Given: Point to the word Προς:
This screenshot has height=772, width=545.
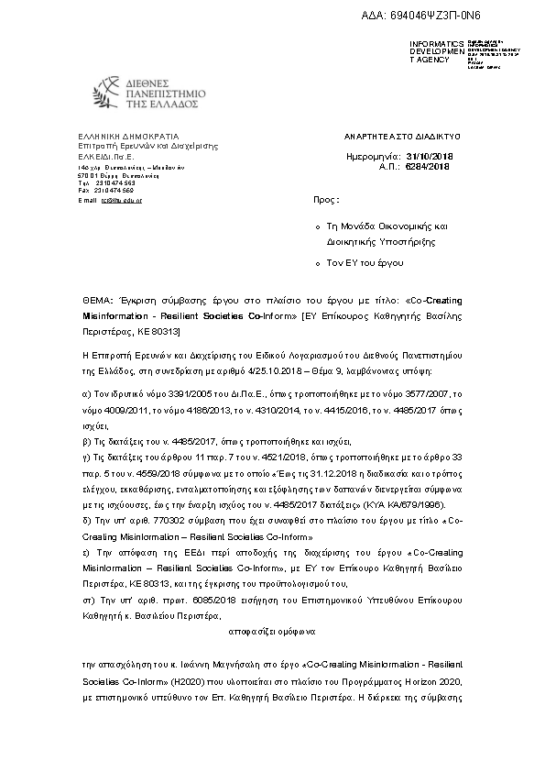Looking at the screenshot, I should pyautogui.click(x=325, y=198).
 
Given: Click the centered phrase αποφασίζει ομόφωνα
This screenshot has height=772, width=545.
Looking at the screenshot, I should pyautogui.click(x=271, y=631).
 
